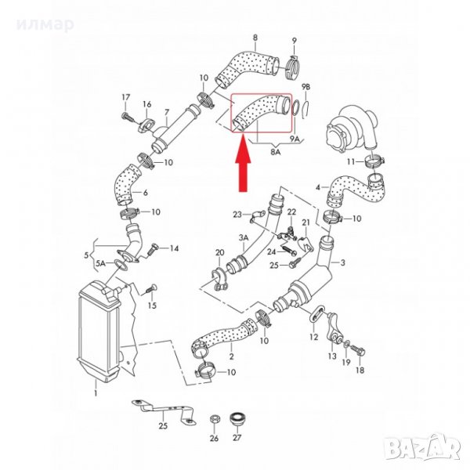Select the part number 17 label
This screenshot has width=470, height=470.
(x=124, y=96)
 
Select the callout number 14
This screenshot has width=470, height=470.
(x=175, y=248)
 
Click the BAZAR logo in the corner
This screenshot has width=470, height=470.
(x=435, y=448)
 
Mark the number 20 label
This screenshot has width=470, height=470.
(x=219, y=252)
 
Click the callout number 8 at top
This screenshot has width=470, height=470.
(x=254, y=38)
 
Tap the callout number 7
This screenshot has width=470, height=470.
(x=164, y=112)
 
